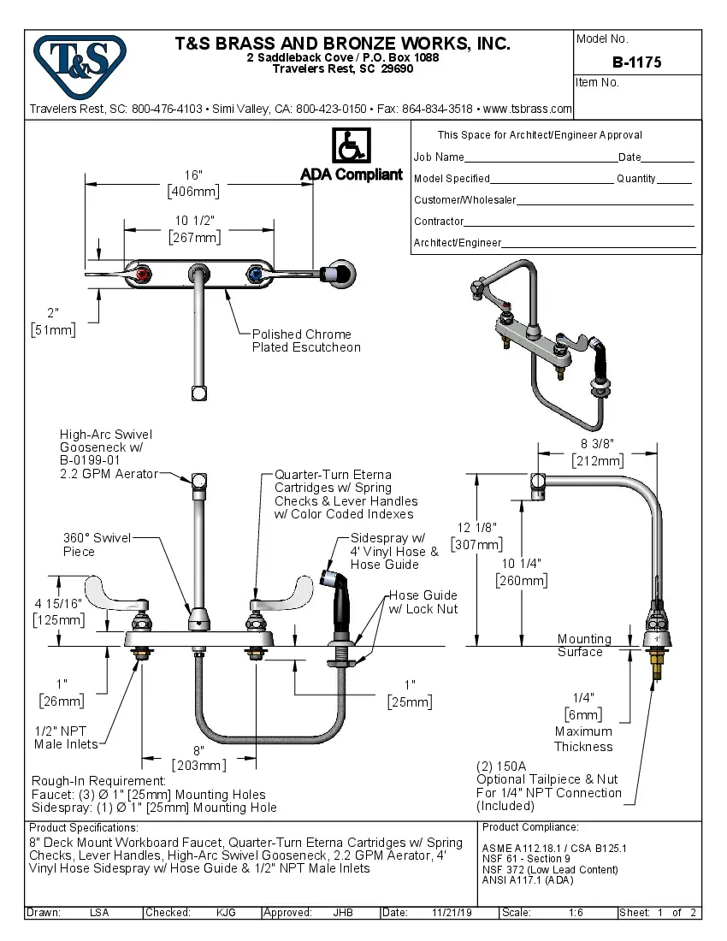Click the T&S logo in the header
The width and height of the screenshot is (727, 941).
(79, 62)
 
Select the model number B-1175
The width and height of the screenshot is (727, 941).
(636, 62)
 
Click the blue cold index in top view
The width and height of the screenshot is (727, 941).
(253, 275)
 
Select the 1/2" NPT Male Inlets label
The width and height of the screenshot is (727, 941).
(66, 737)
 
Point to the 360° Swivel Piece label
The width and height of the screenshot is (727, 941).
(97, 544)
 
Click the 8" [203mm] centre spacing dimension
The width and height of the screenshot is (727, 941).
(198, 757)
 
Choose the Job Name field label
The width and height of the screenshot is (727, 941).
(439, 157)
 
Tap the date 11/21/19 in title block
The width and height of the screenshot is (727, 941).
(452, 913)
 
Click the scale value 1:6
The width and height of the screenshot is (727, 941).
(576, 913)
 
